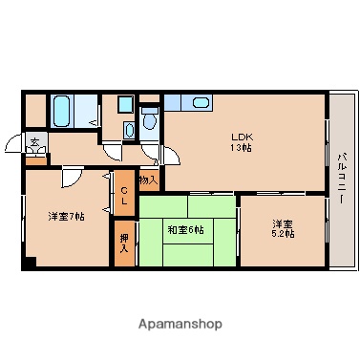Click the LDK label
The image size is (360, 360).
tap(239, 136)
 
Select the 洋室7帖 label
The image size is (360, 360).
tap(67, 217)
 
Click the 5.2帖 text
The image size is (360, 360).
tap(284, 234)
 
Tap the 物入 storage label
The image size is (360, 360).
tap(149, 179)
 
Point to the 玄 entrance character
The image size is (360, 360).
tap(33, 141)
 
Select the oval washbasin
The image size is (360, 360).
tap(129, 128)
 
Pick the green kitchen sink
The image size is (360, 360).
tap(200, 103)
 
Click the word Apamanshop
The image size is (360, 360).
tap(179, 324)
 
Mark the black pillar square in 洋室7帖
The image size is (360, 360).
tap(30, 263)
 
